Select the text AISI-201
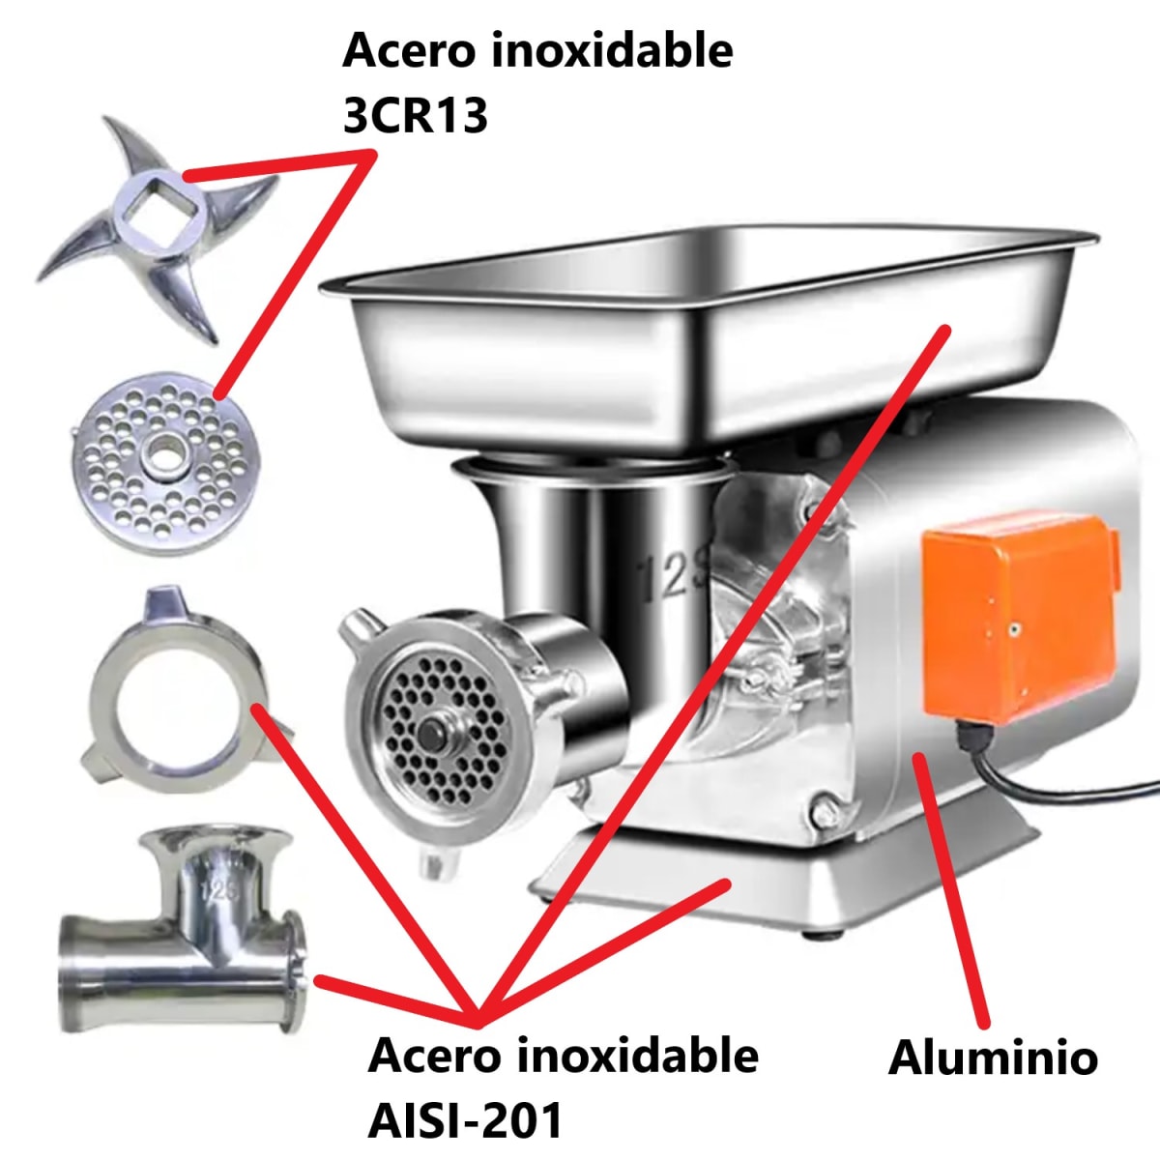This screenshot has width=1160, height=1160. click(x=465, y=1119)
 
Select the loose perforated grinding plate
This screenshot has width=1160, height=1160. click(x=159, y=462)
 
